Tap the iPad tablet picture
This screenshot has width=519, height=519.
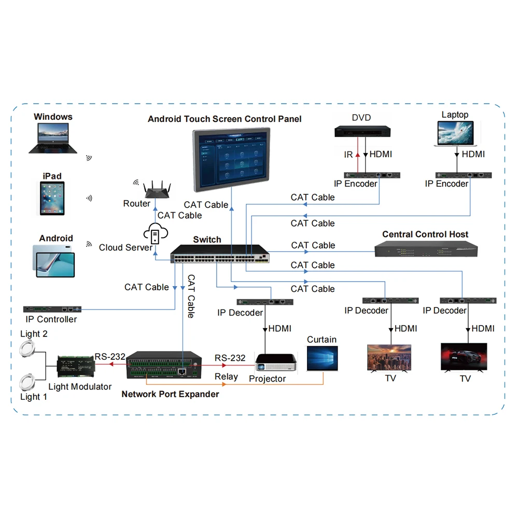pos(53,199)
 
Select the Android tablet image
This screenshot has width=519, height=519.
pos(55,261)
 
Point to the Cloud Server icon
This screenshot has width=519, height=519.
pos(155,235)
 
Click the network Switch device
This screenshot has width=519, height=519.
pos(220,254)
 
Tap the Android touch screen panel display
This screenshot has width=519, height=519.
pos(232,159)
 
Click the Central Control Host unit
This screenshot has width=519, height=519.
pos(426,250)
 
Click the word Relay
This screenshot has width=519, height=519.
pos(227,377)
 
